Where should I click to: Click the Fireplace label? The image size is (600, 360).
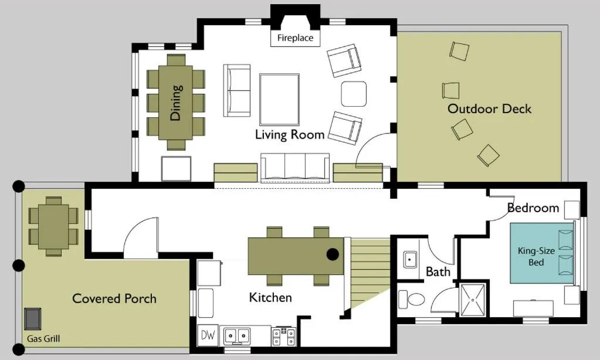point(296,39)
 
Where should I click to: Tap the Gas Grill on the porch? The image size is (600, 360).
point(33,318)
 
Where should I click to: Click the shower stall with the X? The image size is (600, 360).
point(472,300)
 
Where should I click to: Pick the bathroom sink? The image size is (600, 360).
point(410,259)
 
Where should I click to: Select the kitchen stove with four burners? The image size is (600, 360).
point(283,335)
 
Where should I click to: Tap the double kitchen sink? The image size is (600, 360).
point(237,335)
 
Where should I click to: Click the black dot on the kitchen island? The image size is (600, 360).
point(333,254)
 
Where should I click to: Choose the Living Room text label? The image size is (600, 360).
point(290,134)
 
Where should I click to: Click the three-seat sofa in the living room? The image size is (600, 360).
point(295,167)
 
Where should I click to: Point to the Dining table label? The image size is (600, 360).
point(176,103)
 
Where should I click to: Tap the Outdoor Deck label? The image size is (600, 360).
point(489,108)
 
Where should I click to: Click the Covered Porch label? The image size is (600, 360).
point(114,298)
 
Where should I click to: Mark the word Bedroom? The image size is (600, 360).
point(533,208)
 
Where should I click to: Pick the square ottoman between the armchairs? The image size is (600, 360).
point(354,94)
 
